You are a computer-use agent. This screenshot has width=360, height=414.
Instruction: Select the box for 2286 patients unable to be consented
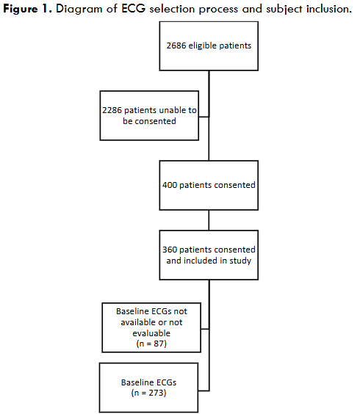click(149, 115)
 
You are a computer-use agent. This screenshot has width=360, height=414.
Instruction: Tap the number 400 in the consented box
click(171, 185)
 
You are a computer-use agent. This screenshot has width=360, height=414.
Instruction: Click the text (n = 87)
click(150, 343)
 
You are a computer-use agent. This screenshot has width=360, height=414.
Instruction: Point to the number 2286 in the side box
click(115, 110)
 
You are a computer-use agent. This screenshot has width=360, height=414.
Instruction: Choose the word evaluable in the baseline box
click(149, 332)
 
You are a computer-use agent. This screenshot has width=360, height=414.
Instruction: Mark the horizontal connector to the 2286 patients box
click(204, 115)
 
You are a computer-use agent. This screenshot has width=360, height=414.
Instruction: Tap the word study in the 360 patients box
click(236, 259)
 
